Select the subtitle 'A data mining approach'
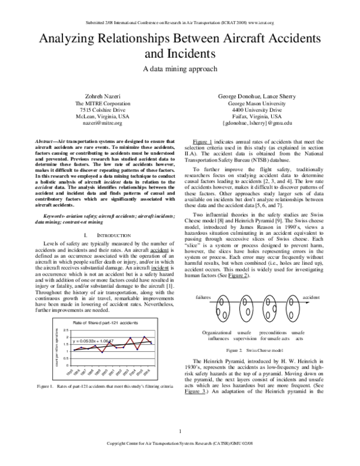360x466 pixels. click(180, 68)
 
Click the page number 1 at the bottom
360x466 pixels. click(180, 449)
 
